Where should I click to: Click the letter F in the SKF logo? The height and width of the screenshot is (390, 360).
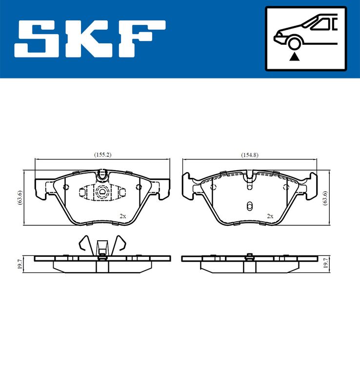(x=141, y=39)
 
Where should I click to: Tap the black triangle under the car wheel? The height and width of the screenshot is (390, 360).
(x=294, y=57)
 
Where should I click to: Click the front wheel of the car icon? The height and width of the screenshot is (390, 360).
(x=294, y=43)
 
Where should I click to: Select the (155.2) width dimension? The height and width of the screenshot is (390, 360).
(x=102, y=155)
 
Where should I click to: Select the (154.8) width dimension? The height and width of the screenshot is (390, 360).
(x=249, y=155)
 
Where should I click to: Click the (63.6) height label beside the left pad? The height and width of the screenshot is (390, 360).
(x=20, y=197)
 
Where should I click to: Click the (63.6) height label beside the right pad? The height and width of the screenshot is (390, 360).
(x=325, y=198)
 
